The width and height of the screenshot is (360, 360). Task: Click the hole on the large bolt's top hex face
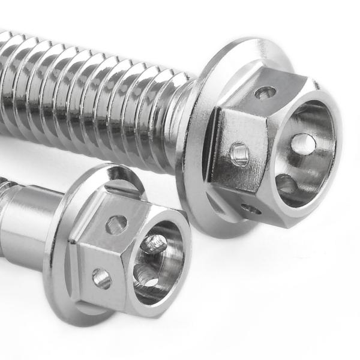265,92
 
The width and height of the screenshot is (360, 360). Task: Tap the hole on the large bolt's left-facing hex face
239,154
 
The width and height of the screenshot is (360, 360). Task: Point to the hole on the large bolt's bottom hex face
251,209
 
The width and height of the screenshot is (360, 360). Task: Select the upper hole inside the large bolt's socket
303,144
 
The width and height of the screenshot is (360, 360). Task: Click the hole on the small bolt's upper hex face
116,224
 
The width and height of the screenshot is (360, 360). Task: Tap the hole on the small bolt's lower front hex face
101,278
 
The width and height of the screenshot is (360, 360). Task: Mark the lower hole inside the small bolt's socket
146,277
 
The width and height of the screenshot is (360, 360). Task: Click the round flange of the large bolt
198,180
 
